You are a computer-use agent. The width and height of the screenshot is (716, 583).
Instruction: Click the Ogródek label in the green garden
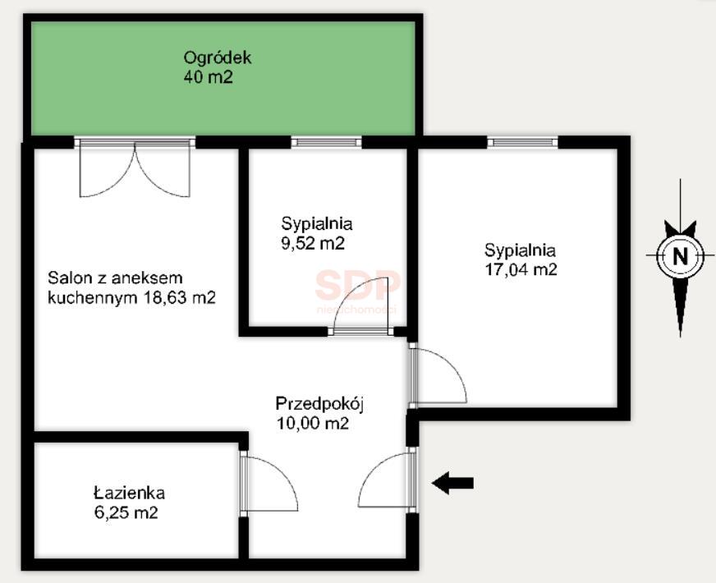pyautogui.click(x=218, y=58)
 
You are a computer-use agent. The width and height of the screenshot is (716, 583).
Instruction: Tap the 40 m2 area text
pyautogui.click(x=209, y=76)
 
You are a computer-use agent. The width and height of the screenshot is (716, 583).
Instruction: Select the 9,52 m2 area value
pyautogui.click(x=313, y=243)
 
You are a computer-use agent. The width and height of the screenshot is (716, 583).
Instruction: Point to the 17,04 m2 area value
pyautogui.click(x=521, y=269)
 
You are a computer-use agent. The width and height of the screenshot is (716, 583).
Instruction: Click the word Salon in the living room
pyautogui.click(x=71, y=278)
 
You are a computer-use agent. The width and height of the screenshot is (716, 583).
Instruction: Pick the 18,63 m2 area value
pyautogui.click(x=180, y=298)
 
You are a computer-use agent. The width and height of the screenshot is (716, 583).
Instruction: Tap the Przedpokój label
pyautogui.click(x=319, y=404)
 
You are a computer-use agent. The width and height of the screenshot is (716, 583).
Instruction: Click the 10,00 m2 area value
pyautogui.click(x=313, y=423)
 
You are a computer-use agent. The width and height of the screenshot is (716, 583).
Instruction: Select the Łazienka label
pyautogui.click(x=129, y=493)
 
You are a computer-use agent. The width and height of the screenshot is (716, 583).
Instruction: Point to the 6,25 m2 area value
pyautogui.click(x=126, y=512)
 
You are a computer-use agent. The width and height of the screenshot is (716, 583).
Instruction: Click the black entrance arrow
pyautogui.click(x=452, y=483)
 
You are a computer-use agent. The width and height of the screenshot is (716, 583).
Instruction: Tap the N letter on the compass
pyautogui.click(x=680, y=255)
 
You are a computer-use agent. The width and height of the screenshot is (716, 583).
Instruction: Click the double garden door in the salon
pyautogui.click(x=135, y=168)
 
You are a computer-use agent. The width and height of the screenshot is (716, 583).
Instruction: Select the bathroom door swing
pyautogui.click(x=269, y=483)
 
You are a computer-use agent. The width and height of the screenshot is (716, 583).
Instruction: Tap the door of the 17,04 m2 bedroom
pyautogui.click(x=438, y=375)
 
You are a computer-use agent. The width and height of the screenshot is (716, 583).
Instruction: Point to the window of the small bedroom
pyautogui.click(x=326, y=142)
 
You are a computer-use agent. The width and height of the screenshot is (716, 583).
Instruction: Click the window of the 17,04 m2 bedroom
pyautogui.click(x=523, y=142)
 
